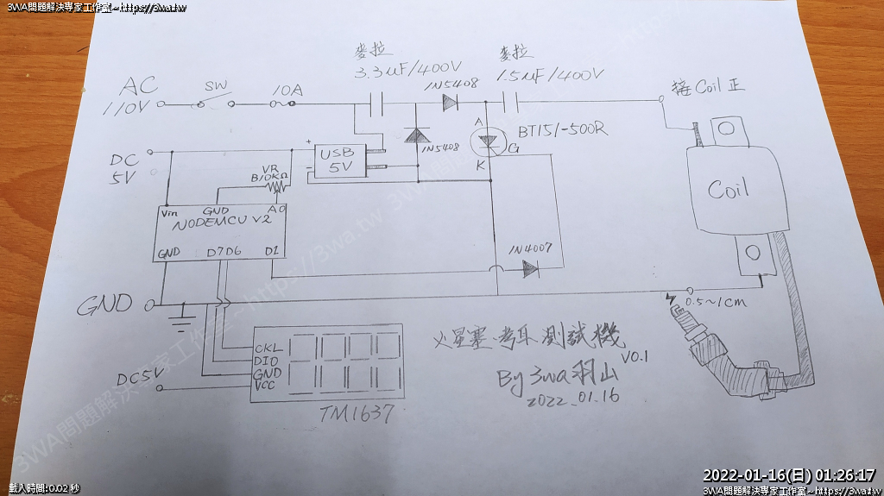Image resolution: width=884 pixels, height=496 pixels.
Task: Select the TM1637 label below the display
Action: tap(357, 415)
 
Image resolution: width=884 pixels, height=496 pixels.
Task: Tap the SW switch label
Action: tap(215, 87)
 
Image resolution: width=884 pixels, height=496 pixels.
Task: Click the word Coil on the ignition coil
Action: tap(728, 189)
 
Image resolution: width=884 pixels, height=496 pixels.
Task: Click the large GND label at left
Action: tap(105, 305)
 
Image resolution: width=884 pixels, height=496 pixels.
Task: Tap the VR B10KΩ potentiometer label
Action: tap(268, 173)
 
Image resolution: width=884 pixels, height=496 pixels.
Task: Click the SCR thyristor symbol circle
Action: tap(485, 141)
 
